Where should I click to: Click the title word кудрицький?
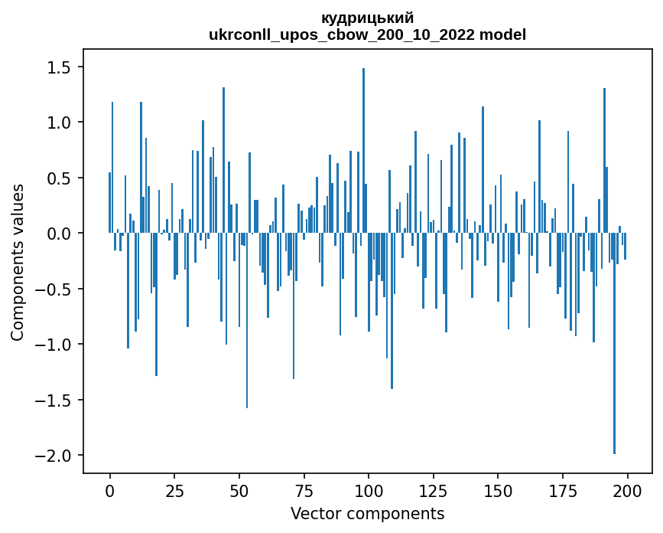click(368, 18)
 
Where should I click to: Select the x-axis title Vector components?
click(367, 513)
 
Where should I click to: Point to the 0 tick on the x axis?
click(109, 489)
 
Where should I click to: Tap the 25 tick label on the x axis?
click(174, 489)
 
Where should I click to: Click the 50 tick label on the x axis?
click(239, 489)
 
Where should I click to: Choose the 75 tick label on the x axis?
click(304, 489)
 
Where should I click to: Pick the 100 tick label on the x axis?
click(369, 489)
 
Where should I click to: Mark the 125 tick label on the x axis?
click(433, 489)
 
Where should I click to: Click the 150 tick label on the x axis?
click(498, 489)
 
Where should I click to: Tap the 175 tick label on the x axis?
click(563, 489)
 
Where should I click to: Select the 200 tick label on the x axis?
click(627, 489)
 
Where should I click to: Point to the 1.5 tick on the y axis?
click(59, 67)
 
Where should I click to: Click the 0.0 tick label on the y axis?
click(59, 234)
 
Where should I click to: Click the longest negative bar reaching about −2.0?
click(614, 345)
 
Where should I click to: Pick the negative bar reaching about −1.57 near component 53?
click(247, 322)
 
